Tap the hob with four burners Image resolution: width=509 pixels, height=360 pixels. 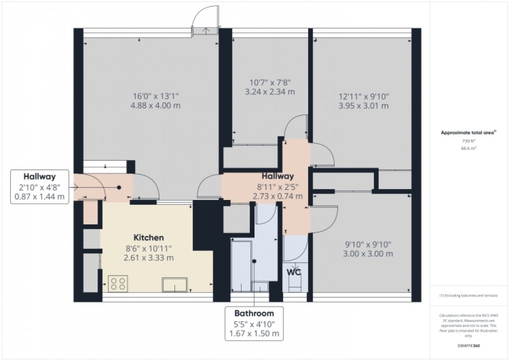pos(118,283)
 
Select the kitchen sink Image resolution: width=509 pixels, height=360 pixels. pos(175,285)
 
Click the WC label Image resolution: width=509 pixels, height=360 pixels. pos(294,271)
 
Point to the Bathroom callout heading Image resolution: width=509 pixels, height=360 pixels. pos(253,313)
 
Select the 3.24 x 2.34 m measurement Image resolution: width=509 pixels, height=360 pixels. pos(270,92)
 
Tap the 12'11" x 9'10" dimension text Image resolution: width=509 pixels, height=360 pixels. pos(364,96)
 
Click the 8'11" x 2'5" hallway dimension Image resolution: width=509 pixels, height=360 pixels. pos(278,186)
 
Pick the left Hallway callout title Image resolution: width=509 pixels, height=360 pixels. pos(39,176)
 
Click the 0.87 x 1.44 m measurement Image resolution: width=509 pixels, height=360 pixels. pos(39,197)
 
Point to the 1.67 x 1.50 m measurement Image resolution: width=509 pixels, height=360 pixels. pos(253,334)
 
